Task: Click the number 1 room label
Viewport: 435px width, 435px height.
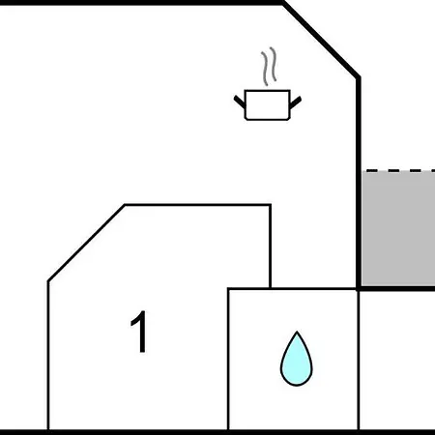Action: [x=140, y=332]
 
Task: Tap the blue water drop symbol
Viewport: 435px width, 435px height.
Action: [x=297, y=359]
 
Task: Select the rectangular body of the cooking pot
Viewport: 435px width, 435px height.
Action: [x=268, y=105]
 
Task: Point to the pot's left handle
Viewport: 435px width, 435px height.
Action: [x=240, y=102]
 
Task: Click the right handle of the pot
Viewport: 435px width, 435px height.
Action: [x=296, y=102]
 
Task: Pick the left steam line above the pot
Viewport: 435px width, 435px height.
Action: [x=265, y=69]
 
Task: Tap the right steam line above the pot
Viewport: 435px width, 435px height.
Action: [x=274, y=64]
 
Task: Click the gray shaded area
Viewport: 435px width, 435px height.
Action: [x=398, y=228]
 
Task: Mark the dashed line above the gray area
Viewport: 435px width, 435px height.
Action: [x=400, y=170]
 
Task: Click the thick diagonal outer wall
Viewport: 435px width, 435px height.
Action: [x=321, y=40]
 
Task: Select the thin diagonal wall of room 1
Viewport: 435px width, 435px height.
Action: [x=86, y=243]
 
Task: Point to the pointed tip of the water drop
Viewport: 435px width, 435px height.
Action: [x=297, y=332]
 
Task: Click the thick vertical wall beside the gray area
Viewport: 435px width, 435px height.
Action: [x=359, y=183]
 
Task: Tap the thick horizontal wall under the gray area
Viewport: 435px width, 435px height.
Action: [x=396, y=288]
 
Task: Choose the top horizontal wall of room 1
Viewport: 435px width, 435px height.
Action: [x=197, y=205]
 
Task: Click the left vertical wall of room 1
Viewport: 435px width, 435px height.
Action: [x=48, y=355]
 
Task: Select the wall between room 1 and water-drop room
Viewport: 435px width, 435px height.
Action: [x=228, y=359]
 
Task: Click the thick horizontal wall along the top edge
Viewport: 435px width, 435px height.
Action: [x=142, y=3]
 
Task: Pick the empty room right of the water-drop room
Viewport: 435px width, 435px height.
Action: [x=397, y=361]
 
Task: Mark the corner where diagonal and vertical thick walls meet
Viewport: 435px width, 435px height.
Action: [x=359, y=77]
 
